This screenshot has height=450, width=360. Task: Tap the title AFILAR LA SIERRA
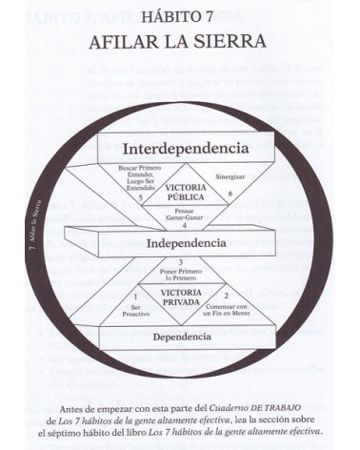[179, 42]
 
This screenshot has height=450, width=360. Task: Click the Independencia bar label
[185, 243]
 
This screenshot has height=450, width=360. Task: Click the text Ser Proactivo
[136, 313]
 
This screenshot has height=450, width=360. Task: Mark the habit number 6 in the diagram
[229, 194]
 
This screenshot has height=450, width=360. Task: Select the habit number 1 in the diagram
[136, 297]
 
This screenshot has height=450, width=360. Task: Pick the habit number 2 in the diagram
[226, 295]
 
